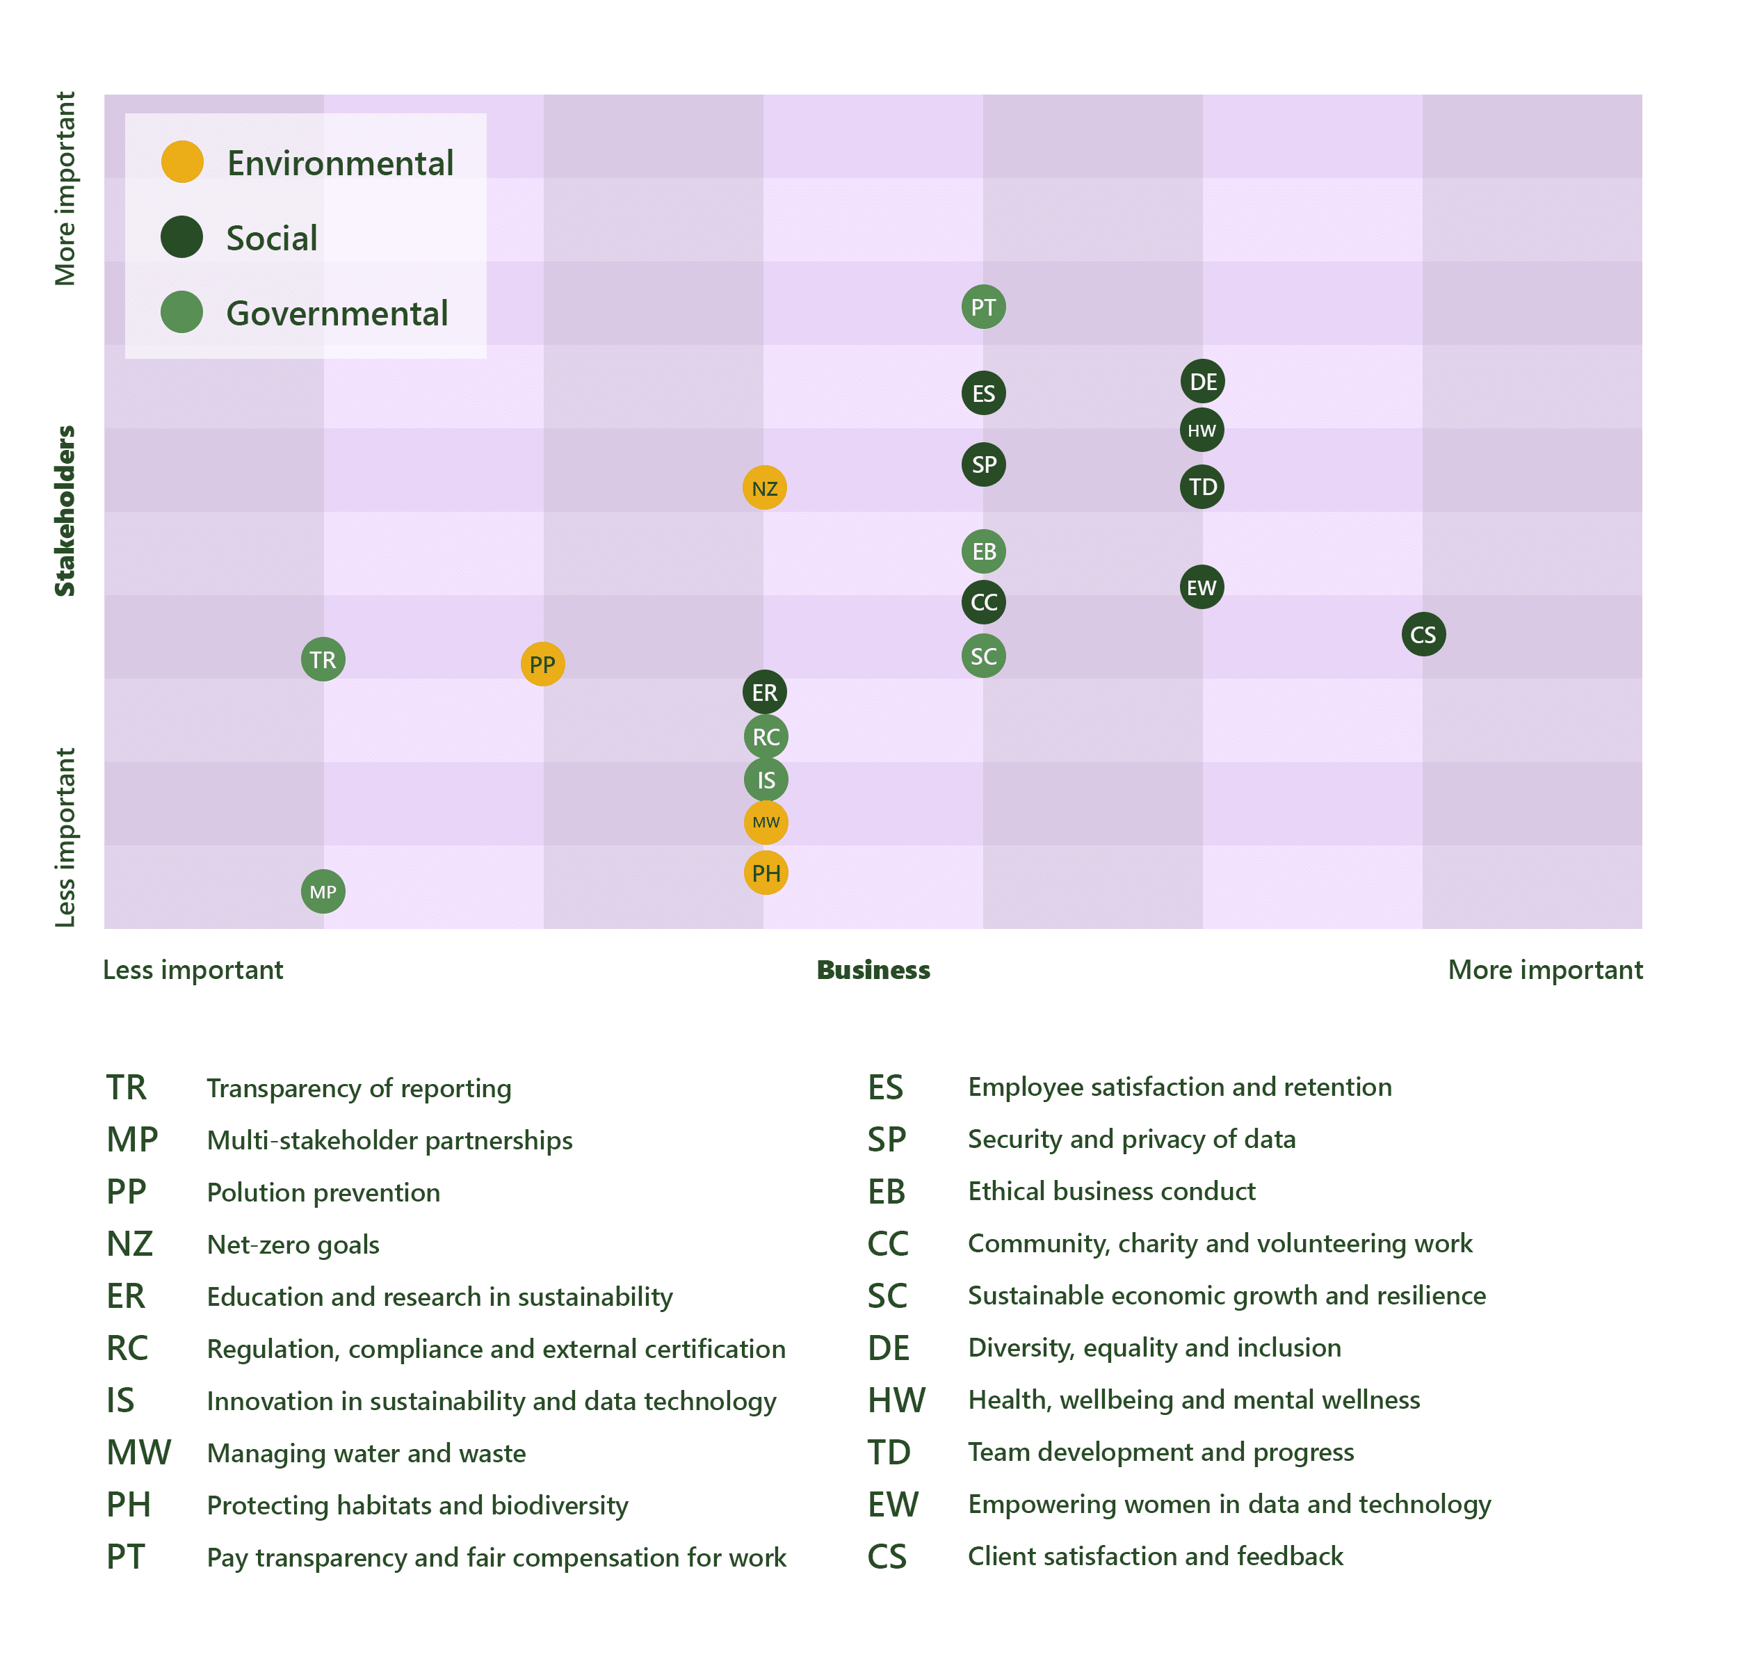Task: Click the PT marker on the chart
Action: pyautogui.click(x=983, y=307)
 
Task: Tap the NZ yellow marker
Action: pyautogui.click(x=764, y=487)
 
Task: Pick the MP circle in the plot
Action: pyautogui.click(x=323, y=891)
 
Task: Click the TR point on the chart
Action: pyautogui.click(x=323, y=660)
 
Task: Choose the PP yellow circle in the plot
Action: pyautogui.click(x=542, y=664)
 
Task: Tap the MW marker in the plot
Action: pyautogui.click(x=766, y=823)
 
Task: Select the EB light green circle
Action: pyautogui.click(x=983, y=551)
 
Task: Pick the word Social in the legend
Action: pyautogui.click(x=272, y=238)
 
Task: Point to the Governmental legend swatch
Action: pyautogui.click(x=182, y=313)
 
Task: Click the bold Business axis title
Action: pyautogui.click(x=873, y=970)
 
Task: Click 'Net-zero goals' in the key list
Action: pyautogui.click(x=293, y=1245)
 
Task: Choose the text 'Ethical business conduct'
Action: pyautogui.click(x=1111, y=1191)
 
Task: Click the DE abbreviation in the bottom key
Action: pyautogui.click(x=888, y=1348)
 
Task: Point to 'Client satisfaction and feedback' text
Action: pyautogui.click(x=1155, y=1557)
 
